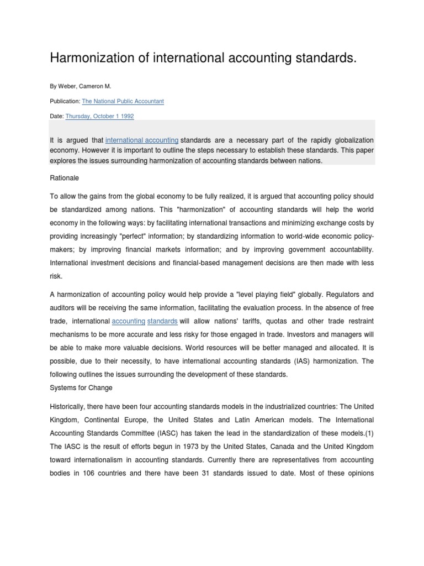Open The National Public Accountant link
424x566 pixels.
click(x=123, y=102)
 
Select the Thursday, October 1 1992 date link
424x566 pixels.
click(x=99, y=117)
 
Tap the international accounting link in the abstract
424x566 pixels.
click(x=141, y=140)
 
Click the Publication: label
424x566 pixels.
click(x=65, y=102)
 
